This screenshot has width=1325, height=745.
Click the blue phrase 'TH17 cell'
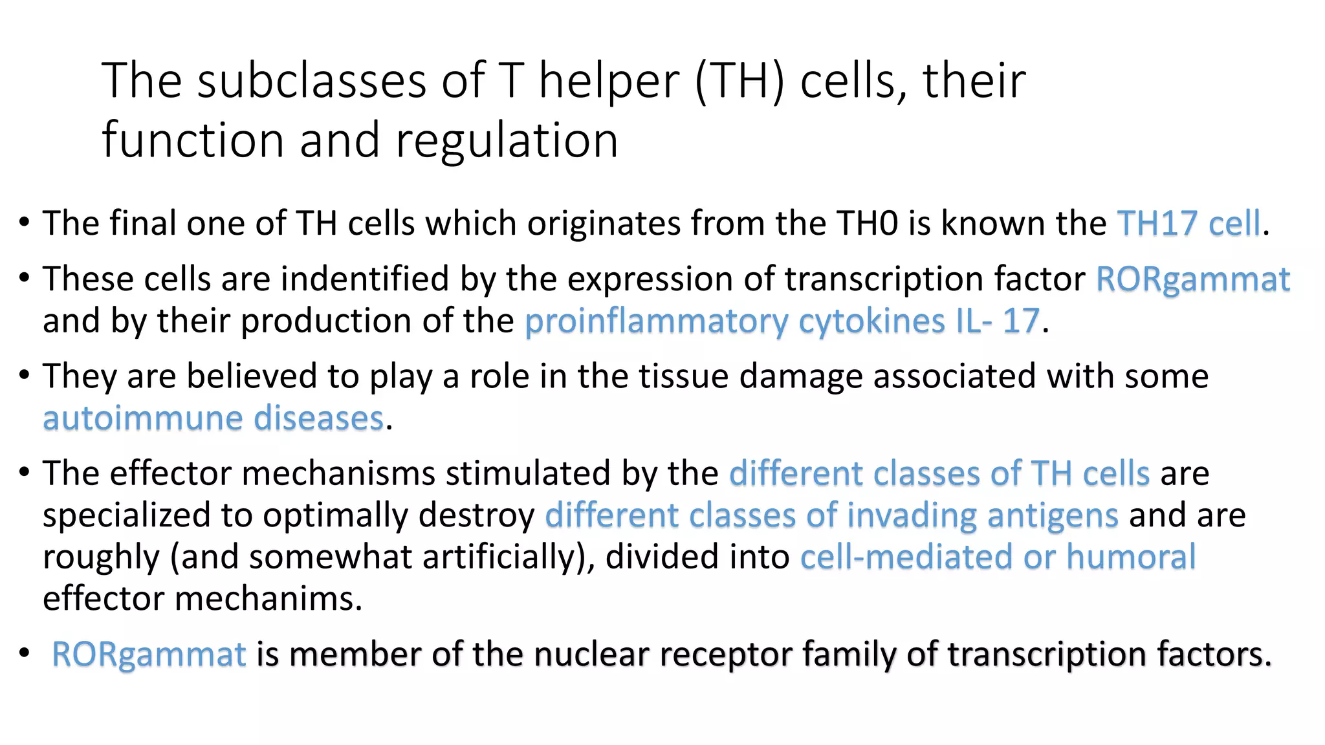[x=1189, y=224]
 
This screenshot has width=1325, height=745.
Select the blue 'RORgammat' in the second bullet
[x=1192, y=279]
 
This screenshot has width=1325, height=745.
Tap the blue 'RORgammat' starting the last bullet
[x=149, y=654]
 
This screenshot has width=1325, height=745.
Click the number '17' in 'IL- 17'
[x=1020, y=321]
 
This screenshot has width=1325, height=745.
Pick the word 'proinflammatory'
[x=657, y=321]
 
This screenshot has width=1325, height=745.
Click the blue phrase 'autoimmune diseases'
[x=214, y=418]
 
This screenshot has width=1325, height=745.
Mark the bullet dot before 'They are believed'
[x=25, y=375]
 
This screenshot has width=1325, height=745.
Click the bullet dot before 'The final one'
[x=25, y=222]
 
